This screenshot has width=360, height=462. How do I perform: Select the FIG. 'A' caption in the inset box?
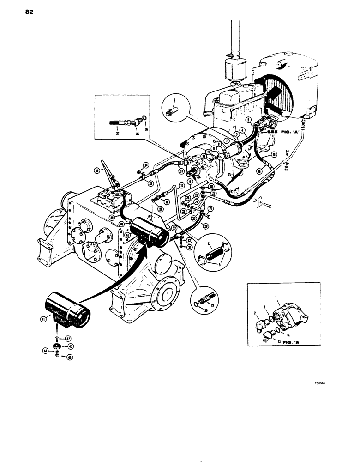[x=291, y=342]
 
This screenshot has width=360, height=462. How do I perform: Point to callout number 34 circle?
[x=146, y=165]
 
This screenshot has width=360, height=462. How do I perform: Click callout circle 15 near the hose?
[x=273, y=154]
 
